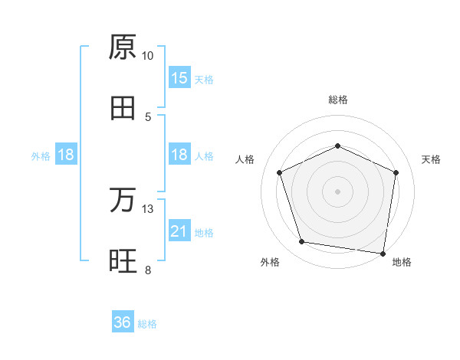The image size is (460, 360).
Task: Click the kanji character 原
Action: pyautogui.click(x=123, y=47)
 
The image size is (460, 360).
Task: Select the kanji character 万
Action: pyautogui.click(x=123, y=201)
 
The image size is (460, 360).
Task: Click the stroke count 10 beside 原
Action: pyautogui.click(x=148, y=56)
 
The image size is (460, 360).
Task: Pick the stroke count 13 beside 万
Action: pyautogui.click(x=148, y=209)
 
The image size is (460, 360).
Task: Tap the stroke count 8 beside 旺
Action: pyautogui.click(x=148, y=270)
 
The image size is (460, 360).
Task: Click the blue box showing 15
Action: pyautogui.click(x=179, y=78)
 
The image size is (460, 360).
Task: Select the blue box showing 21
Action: pyautogui.click(x=179, y=231)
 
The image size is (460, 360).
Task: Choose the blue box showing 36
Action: pyautogui.click(x=123, y=323)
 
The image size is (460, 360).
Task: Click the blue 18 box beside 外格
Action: pyautogui.click(x=66, y=155)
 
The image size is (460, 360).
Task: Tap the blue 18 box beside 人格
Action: pyautogui.click(x=179, y=155)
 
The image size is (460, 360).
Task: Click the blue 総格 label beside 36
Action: pyautogui.click(x=147, y=324)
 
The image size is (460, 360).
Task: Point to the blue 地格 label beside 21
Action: pyautogui.click(x=204, y=232)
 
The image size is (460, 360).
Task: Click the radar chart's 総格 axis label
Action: pyautogui.click(x=338, y=100)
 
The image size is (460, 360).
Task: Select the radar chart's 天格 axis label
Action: pyautogui.click(x=431, y=159)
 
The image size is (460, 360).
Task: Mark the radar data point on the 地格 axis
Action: pyautogui.click(x=383, y=253)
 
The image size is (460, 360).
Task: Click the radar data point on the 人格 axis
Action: pyautogui.click(x=279, y=172)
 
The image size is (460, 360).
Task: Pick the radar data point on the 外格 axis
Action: pyautogui.click(x=302, y=242)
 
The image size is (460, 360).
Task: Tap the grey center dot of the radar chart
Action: pyautogui.click(x=338, y=191)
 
